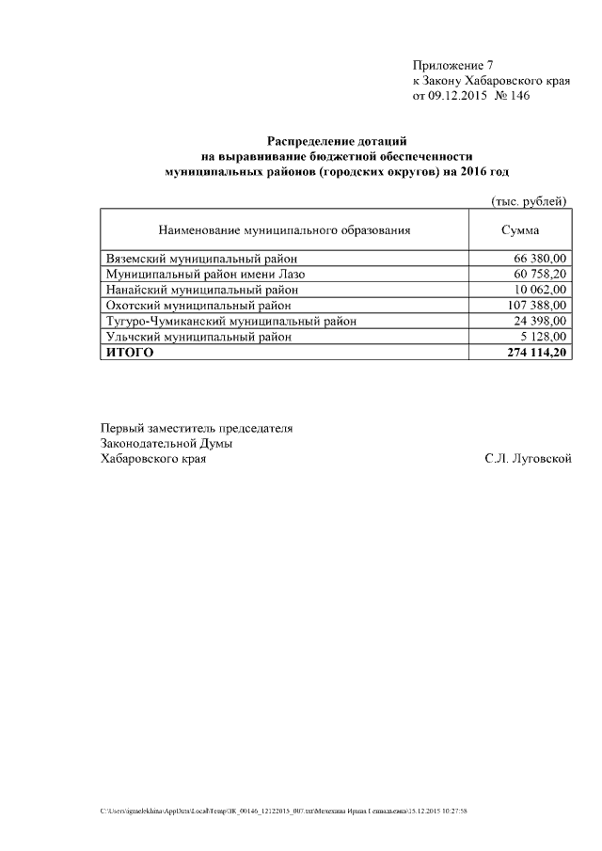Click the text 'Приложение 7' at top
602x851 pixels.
[x=452, y=65]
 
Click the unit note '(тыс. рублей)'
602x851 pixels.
[x=529, y=200]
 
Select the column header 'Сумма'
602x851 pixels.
[x=520, y=229]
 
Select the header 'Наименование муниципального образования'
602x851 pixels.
[x=284, y=229]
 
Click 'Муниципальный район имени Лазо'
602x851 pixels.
[x=205, y=274]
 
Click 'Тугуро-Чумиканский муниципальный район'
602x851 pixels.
[x=230, y=321]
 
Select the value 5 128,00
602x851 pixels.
[x=544, y=336]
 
